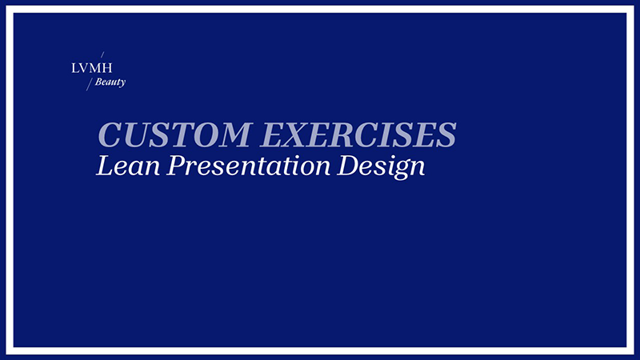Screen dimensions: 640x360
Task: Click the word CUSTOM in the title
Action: (174, 134)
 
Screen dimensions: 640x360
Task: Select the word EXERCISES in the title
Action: (358, 134)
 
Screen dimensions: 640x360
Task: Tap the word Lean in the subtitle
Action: (128, 166)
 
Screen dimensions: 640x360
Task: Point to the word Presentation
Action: (248, 166)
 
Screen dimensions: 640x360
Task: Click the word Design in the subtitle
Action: (381, 166)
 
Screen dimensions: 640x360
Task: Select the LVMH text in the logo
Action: (91, 68)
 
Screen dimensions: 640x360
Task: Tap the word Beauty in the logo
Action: (110, 82)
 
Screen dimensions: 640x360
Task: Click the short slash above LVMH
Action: (102, 54)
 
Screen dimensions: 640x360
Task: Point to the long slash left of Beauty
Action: (90, 84)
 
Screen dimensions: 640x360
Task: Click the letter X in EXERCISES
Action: (299, 134)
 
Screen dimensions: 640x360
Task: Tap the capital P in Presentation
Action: (177, 166)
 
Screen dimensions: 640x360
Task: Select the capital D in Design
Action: (349, 166)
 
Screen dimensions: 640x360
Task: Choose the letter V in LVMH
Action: (84, 68)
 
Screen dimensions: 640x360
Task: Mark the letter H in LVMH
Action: (106, 68)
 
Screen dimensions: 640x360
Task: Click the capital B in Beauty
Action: (98, 82)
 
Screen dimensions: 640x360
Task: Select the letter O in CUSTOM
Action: (200, 134)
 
